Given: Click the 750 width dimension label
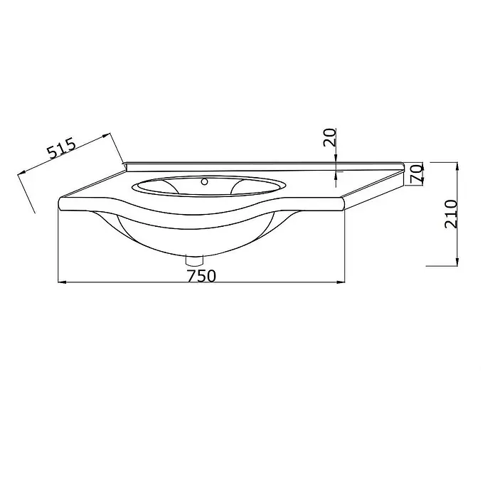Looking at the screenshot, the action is (202, 275).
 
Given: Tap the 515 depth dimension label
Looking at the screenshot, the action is (62, 147).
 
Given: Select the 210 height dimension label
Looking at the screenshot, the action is (451, 214).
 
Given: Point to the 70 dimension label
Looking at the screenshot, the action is (416, 174).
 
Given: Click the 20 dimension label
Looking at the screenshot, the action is (329, 137).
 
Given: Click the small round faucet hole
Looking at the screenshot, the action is (205, 181).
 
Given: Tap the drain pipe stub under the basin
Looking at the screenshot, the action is (194, 260).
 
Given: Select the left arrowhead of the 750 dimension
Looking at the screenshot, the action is (62, 282).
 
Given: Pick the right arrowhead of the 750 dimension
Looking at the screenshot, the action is (341, 282).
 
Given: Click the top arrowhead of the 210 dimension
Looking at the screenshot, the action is (457, 166).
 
